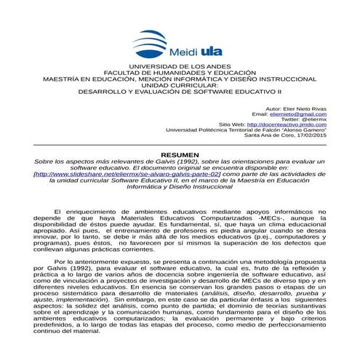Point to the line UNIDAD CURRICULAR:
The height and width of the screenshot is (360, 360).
coord(179,87)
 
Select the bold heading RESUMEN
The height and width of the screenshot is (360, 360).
coord(180,156)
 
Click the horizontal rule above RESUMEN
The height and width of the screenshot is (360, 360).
coord(180,145)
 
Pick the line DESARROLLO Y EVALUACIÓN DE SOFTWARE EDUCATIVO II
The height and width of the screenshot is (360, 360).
coord(179,93)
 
